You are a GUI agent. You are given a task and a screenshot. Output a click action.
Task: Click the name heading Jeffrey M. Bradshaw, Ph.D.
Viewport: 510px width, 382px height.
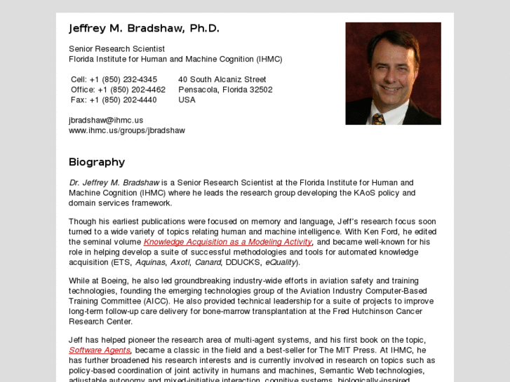click(x=144, y=29)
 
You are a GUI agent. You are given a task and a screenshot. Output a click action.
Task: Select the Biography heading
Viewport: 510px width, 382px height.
click(x=97, y=162)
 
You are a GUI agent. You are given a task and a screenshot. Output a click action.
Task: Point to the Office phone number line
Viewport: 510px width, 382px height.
click(x=118, y=90)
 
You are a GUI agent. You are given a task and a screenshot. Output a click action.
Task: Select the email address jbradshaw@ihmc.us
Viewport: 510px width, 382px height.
click(x=106, y=120)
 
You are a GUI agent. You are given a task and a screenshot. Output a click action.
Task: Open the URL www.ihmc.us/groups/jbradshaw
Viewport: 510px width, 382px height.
click(x=126, y=130)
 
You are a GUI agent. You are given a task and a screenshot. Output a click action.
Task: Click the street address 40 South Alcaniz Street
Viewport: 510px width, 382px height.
click(x=222, y=79)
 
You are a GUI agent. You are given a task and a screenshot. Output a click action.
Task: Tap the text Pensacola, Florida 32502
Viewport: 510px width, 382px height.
click(x=225, y=90)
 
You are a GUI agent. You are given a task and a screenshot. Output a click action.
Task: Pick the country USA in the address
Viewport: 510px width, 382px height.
click(x=187, y=100)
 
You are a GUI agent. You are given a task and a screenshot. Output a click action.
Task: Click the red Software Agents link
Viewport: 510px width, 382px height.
click(x=100, y=350)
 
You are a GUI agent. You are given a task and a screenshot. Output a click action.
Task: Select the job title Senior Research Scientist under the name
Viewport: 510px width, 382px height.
click(x=116, y=49)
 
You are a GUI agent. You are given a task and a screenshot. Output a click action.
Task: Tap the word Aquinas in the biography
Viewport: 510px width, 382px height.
click(x=150, y=262)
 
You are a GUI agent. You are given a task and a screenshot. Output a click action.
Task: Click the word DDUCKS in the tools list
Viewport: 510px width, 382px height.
click(x=243, y=262)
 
